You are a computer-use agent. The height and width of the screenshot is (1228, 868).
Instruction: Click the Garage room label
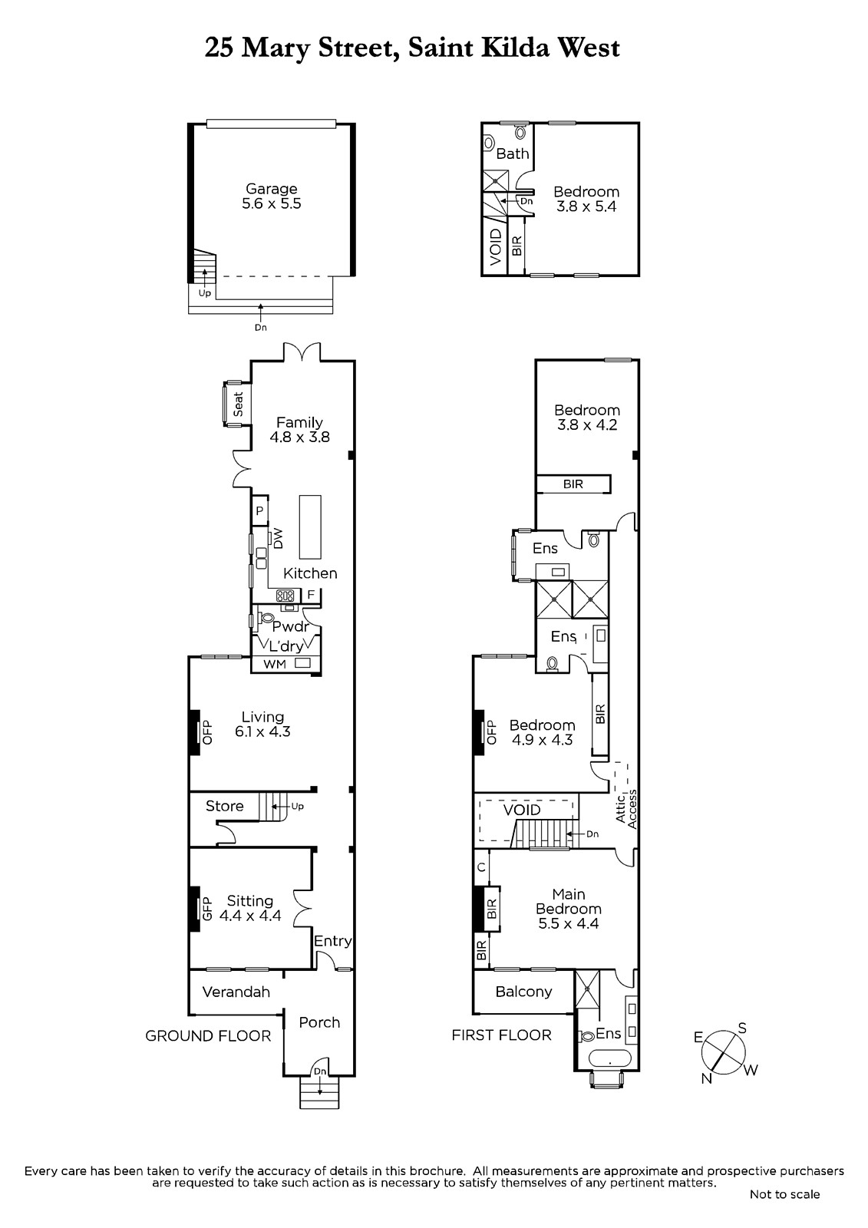[x=272, y=189]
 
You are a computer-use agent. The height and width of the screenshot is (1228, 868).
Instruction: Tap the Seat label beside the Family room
[x=238, y=404]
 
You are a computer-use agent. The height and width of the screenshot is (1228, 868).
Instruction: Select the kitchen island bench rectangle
[x=310, y=527]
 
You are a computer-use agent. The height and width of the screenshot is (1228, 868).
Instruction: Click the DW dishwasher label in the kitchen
[x=278, y=538]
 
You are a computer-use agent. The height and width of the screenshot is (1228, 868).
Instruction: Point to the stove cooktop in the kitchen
[x=285, y=596]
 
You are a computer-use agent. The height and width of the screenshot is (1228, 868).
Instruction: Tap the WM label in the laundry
[x=275, y=665]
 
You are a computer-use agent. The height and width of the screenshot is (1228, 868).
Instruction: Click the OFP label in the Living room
[x=207, y=732]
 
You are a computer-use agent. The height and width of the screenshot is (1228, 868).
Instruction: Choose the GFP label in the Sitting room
[x=206, y=909]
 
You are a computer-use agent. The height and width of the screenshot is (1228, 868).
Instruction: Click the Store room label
[x=224, y=806]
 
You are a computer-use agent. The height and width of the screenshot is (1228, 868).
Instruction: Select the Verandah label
[x=236, y=992]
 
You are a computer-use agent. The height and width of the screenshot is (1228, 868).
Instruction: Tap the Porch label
[x=319, y=1022]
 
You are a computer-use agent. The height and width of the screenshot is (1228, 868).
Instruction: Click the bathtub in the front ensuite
[x=610, y=1058]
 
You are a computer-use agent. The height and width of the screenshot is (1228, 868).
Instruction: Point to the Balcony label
[x=523, y=992]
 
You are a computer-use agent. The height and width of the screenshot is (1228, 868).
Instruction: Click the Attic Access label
[x=626, y=809]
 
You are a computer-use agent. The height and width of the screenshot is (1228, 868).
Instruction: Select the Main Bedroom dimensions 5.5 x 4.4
[x=568, y=924]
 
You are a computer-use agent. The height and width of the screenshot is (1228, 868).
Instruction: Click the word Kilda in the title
[x=516, y=48]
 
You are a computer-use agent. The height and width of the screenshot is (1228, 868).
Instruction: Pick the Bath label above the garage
[x=512, y=153]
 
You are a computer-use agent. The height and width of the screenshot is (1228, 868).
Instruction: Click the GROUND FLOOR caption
[x=208, y=1036]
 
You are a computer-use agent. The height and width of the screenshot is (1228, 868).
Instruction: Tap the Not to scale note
[x=784, y=1194]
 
